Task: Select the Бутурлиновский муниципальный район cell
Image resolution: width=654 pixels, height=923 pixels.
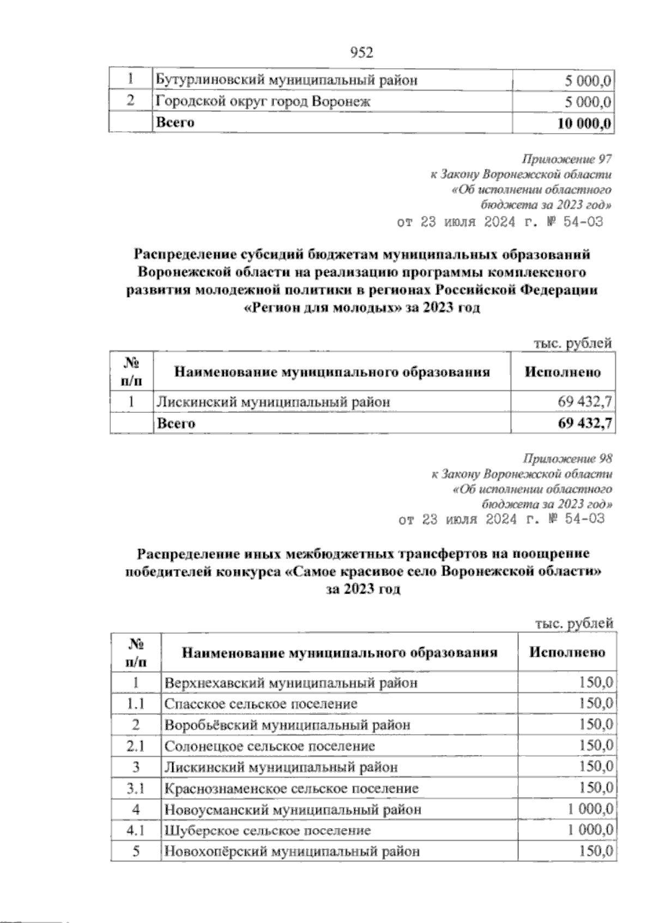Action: click(287, 81)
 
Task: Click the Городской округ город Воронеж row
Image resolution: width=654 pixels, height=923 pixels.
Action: click(263, 101)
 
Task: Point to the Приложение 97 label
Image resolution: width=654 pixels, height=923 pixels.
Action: click(567, 160)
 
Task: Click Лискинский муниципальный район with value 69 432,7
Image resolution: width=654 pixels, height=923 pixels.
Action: click(274, 402)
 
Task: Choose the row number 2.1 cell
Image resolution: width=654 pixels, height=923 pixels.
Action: click(135, 746)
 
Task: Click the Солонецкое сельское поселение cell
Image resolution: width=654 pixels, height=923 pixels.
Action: click(270, 746)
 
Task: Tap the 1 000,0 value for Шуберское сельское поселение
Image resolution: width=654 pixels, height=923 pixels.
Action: click(590, 830)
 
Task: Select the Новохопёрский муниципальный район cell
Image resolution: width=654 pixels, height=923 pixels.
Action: click(292, 851)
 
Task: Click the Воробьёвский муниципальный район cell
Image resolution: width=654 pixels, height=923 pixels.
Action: click(287, 725)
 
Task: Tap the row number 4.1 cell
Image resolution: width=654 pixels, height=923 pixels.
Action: click(135, 830)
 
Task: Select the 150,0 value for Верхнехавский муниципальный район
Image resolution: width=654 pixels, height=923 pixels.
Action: click(596, 683)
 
